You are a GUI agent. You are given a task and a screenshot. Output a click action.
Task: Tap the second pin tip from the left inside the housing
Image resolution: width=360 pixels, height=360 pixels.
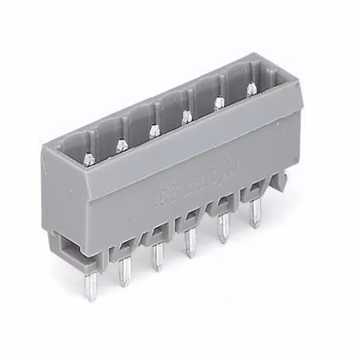pyautogui.click(x=120, y=145)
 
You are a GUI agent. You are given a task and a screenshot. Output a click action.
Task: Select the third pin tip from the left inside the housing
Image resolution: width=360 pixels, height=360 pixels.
pyautogui.click(x=152, y=130)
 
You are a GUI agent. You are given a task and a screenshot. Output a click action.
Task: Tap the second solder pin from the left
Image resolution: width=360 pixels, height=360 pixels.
pyautogui.click(x=123, y=272)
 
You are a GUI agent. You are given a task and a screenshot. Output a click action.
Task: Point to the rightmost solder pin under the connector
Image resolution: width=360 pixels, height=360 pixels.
pyautogui.click(x=255, y=214)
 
